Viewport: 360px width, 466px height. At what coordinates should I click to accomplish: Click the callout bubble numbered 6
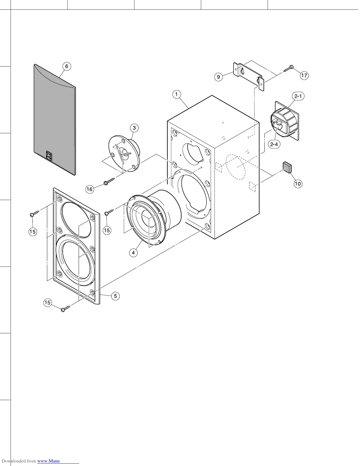67,66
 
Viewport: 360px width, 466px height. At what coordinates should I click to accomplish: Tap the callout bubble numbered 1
176,94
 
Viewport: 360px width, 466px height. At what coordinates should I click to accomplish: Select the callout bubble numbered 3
134,128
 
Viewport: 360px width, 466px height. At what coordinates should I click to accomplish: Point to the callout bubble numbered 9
218,77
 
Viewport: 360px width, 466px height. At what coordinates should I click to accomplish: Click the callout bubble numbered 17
304,76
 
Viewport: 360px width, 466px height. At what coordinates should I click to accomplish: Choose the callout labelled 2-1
298,96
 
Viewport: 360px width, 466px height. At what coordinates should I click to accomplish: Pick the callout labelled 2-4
274,144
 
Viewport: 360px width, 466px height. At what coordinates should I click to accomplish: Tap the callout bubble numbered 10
298,184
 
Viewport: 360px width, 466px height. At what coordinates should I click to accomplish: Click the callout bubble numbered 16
90,189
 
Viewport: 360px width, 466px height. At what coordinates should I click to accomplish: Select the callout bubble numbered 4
134,252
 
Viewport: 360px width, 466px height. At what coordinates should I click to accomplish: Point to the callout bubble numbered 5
115,296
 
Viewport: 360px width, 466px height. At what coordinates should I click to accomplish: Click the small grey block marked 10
287,167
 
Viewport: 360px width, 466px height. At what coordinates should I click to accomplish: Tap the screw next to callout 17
288,69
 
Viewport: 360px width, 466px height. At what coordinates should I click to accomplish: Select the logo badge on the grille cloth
49,156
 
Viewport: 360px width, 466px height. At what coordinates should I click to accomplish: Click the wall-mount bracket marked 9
249,75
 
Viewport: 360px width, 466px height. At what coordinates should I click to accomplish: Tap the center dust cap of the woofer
146,217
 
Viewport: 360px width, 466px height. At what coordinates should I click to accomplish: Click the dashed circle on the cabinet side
235,167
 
